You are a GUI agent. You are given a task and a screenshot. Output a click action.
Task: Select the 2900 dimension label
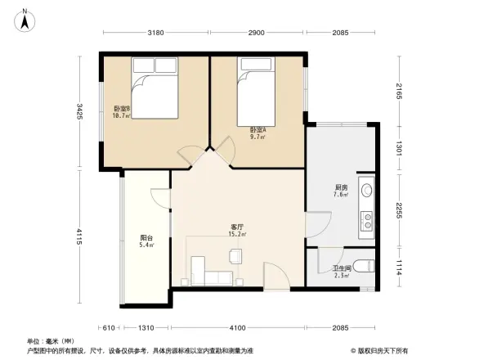[x=256, y=33]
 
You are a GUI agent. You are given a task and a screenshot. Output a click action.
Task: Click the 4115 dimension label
[x=79, y=237]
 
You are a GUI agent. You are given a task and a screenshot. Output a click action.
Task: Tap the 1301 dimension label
[x=398, y=148]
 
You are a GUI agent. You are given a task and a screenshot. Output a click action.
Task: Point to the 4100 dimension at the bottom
[x=238, y=328]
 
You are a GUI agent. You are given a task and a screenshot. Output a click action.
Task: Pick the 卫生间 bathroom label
[x=341, y=269]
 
